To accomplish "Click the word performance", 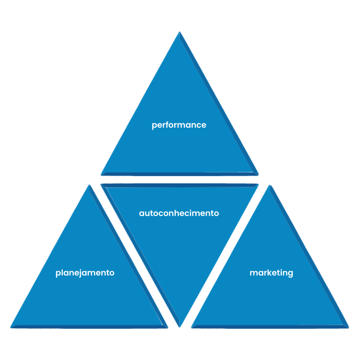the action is pyautogui.click(x=179, y=125).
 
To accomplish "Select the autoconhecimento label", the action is pyautogui.click(x=179, y=213).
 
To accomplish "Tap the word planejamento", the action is pyautogui.click(x=85, y=273).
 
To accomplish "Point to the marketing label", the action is pyautogui.click(x=271, y=273).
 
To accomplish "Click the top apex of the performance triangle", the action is pyautogui.click(x=180, y=32).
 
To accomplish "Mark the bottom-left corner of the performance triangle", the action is pyautogui.click(x=101, y=175).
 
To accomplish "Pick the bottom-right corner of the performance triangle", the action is pyautogui.click(x=259, y=175).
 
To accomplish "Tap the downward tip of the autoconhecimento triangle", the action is pyautogui.click(x=180, y=327).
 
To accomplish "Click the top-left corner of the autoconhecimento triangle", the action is pyautogui.click(x=101, y=184).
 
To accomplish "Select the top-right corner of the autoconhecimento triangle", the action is pyautogui.click(x=259, y=184).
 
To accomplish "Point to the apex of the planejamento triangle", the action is pyautogui.click(x=89, y=185).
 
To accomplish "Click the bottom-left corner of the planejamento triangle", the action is pyautogui.click(x=11, y=328).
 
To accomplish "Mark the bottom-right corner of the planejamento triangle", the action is pyautogui.click(x=168, y=328).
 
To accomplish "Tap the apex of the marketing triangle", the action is pyautogui.click(x=270, y=185).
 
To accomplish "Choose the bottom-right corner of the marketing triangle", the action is pyautogui.click(x=349, y=328).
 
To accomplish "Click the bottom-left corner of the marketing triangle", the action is pyautogui.click(x=191, y=328).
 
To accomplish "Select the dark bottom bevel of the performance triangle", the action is pyautogui.click(x=180, y=174).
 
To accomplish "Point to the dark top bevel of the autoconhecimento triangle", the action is pyautogui.click(x=180, y=185).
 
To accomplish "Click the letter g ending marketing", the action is pyautogui.click(x=290, y=274).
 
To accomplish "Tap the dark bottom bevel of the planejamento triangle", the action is pyautogui.click(x=89, y=326).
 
